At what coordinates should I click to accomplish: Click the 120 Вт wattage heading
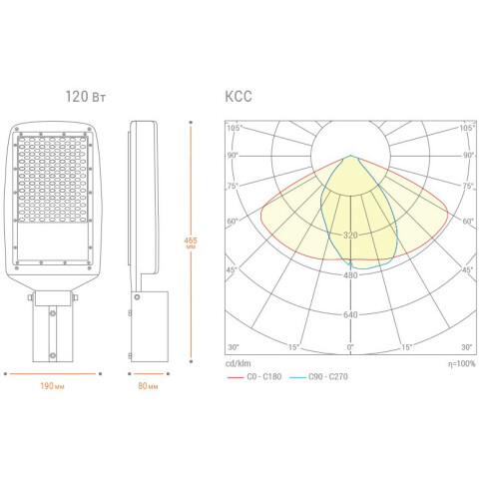(x=86, y=97)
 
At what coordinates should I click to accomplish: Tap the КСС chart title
(x=239, y=97)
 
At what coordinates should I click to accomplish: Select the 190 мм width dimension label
(x=53, y=386)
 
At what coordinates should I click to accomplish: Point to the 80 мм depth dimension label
(x=148, y=386)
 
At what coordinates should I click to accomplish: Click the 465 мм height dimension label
(x=191, y=242)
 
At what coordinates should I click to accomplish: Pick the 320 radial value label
(x=350, y=236)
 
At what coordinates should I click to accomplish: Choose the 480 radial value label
(x=350, y=275)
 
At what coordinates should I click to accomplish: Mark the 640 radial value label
(x=350, y=314)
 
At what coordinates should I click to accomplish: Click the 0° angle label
(x=350, y=347)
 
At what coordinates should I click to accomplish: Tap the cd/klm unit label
(x=239, y=363)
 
